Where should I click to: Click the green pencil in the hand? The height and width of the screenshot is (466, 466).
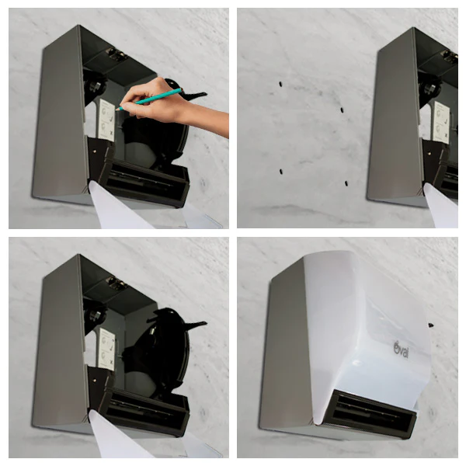tap(149, 99)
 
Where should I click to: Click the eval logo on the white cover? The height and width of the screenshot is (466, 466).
tap(402, 349)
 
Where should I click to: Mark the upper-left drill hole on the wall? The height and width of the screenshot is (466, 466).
tap(280, 85)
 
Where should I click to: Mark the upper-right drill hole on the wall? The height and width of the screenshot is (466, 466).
tap(342, 110)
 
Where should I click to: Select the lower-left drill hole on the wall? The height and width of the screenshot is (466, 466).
tap(281, 172)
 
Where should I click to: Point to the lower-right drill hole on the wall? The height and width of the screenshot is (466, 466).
tap(346, 183)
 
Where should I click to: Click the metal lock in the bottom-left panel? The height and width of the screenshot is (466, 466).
tap(116, 283)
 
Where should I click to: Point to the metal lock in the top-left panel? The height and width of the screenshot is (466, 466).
tap(116, 55)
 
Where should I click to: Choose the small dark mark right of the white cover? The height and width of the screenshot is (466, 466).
tap(430, 325)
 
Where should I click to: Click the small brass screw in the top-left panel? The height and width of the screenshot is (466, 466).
tap(94, 151)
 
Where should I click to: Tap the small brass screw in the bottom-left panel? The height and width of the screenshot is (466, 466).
tap(94, 380)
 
